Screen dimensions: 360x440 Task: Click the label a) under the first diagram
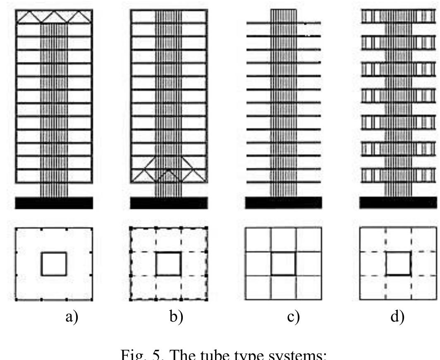coord(72,317)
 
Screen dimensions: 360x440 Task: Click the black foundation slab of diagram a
coord(54,203)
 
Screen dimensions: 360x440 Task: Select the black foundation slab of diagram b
coord(169,203)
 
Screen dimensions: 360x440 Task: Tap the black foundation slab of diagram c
coord(283,203)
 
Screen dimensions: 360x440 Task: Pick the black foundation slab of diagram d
coord(397,203)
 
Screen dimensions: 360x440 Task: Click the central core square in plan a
coord(54,264)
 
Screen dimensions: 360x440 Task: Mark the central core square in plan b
coord(168,264)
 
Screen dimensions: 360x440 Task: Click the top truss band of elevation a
coord(54,17)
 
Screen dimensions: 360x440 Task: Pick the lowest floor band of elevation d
coord(398,175)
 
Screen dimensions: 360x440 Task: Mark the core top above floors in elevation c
coord(284,15)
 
